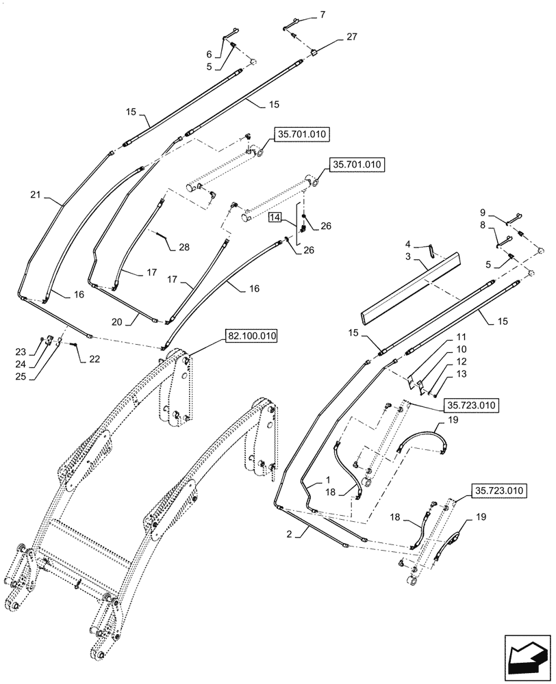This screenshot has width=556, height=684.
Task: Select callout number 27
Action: point(351,36)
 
